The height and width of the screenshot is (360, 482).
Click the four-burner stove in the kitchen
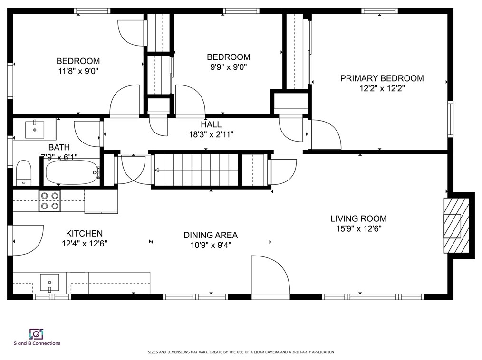49,201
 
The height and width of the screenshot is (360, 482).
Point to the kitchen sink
49,282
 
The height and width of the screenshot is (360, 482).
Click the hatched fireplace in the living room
456,226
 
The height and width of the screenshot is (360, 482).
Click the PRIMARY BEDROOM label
382,78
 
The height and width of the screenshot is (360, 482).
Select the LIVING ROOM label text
358,218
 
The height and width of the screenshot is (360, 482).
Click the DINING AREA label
211,235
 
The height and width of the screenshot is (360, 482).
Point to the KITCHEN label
84,234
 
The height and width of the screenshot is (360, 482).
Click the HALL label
211,124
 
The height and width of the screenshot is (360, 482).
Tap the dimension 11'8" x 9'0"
78,71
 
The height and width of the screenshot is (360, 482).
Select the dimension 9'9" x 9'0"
228,67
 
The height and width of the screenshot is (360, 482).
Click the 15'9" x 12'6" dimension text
359,229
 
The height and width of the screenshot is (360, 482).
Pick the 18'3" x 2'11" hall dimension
211,134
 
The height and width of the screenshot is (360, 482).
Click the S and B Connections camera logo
36,334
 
